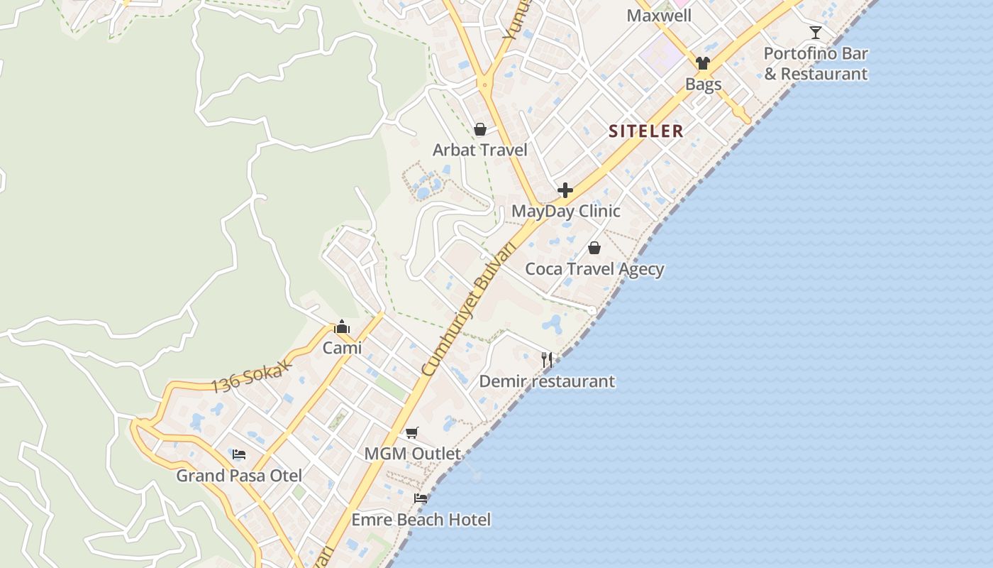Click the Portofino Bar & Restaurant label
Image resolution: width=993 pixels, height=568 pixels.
[816, 64]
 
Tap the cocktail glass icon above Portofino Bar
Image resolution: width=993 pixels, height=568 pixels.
[816, 32]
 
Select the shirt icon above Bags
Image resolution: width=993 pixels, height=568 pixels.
[703, 63]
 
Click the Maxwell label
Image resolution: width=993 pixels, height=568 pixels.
[659, 16]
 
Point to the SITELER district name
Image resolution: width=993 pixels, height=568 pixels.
[646, 131]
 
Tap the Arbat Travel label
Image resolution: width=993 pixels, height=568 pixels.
[480, 150]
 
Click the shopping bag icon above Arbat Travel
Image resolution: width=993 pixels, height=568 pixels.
[480, 129]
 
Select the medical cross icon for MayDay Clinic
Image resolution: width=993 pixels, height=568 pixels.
[565, 190]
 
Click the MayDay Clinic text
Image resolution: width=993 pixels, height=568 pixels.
[566, 211]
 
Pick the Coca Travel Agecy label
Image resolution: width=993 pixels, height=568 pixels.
[594, 269]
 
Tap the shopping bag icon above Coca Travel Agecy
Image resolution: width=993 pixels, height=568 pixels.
[594, 248]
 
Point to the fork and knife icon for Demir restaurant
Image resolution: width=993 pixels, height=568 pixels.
[547, 360]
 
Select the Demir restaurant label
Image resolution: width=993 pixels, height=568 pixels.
[547, 381]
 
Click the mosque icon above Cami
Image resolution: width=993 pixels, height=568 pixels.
[342, 327]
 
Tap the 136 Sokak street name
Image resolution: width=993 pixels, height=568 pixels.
[252, 377]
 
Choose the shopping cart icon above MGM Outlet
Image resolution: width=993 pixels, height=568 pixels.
[412, 432]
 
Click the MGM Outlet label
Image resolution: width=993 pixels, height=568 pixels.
[412, 454]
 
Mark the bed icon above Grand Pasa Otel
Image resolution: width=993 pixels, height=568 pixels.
[239, 454]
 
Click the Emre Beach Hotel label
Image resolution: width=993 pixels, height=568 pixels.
[421, 520]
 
